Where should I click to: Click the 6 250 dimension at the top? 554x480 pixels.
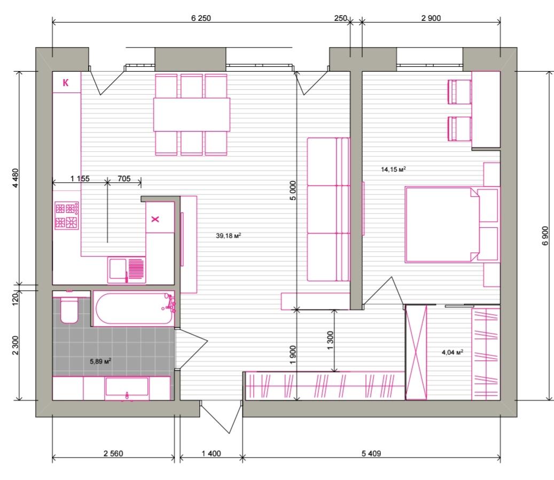[x=201, y=18]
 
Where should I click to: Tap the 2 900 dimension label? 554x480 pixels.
[x=431, y=18]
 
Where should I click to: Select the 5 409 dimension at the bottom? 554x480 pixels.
[x=371, y=453]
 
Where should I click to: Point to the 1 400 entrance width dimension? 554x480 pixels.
[x=211, y=453]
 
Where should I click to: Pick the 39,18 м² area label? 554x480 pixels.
[x=229, y=235]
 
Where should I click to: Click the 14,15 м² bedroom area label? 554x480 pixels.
[x=393, y=169]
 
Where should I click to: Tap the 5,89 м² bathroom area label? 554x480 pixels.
[x=100, y=361]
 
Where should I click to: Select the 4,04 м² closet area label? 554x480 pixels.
[x=452, y=352]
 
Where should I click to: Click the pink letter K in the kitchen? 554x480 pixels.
[x=65, y=83]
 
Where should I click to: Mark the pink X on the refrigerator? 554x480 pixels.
[x=155, y=219]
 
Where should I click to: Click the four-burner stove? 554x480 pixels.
[x=66, y=215]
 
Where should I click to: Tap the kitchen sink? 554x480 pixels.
[x=127, y=270]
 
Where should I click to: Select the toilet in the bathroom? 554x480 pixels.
[x=69, y=308]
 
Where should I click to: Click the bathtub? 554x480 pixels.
[x=134, y=308]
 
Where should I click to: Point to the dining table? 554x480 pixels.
[x=192, y=114]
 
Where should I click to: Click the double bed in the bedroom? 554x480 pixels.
[x=442, y=225]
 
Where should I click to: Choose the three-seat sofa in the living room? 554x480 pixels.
[x=328, y=209]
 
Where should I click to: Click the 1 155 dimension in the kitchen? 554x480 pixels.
[x=80, y=179]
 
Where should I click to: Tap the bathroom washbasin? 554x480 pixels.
[x=127, y=388]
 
